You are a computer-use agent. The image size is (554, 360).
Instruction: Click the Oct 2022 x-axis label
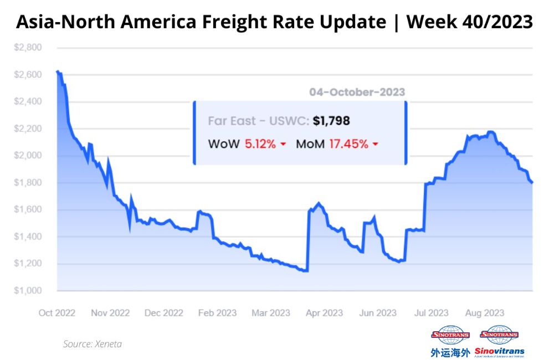57,313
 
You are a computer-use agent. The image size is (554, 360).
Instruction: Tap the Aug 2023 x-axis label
484,313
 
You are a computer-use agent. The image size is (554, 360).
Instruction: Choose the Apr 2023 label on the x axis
324,313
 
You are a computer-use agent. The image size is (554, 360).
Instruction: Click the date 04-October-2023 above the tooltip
357,92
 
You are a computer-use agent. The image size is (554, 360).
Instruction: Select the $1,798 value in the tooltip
331,121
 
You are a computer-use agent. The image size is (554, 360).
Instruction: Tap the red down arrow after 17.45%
375,145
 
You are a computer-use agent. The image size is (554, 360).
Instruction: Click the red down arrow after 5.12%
283,145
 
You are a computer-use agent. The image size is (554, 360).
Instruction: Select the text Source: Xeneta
93,344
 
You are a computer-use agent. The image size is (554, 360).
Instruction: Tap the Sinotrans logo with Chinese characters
450,341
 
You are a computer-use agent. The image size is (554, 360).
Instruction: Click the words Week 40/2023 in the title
470,22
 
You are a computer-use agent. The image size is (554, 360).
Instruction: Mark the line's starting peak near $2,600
58,71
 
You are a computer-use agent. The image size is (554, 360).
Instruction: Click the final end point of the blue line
532,182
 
